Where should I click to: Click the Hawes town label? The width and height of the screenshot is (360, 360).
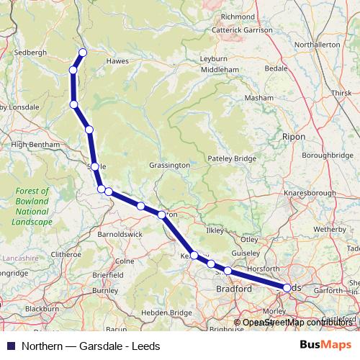click(x=117, y=61)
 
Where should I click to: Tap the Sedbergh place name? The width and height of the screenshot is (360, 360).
click(x=30, y=53)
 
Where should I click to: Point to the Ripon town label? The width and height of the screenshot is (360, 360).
click(x=294, y=136)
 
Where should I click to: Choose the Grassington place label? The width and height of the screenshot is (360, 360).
click(x=169, y=165)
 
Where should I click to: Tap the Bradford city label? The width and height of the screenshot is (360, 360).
click(x=234, y=289)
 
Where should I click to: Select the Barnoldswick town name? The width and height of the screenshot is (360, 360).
click(x=120, y=234)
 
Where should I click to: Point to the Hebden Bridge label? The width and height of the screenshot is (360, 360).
click(x=168, y=312)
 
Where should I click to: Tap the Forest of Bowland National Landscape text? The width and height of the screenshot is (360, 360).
click(x=32, y=207)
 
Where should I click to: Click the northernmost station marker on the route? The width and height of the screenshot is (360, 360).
click(x=83, y=52)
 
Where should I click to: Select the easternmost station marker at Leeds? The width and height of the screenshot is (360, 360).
click(x=287, y=287)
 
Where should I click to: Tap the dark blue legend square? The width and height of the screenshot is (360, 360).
click(x=9, y=345)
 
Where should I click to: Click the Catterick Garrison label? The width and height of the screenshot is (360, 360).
click(x=242, y=30)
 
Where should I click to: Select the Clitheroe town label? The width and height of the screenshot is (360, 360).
click(x=66, y=254)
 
